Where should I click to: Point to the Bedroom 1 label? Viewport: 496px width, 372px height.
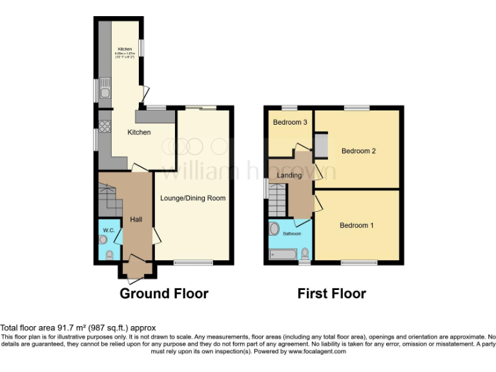[x=356, y=225]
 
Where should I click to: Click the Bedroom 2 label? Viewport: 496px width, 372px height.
[x=358, y=151]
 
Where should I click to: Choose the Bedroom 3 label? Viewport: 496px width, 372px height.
[x=289, y=122]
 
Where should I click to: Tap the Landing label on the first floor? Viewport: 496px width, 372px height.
[x=289, y=175]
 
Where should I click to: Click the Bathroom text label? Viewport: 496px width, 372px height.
[x=291, y=234]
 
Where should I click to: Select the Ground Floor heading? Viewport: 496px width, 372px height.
[x=164, y=294]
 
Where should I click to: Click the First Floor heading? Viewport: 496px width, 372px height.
[x=331, y=294]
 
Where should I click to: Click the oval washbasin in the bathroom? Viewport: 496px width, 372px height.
[x=274, y=229]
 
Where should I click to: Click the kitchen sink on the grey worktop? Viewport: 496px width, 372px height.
[x=105, y=91]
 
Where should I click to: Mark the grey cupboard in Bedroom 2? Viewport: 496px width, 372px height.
[x=321, y=144]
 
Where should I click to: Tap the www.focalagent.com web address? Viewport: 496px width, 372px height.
[x=316, y=352]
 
